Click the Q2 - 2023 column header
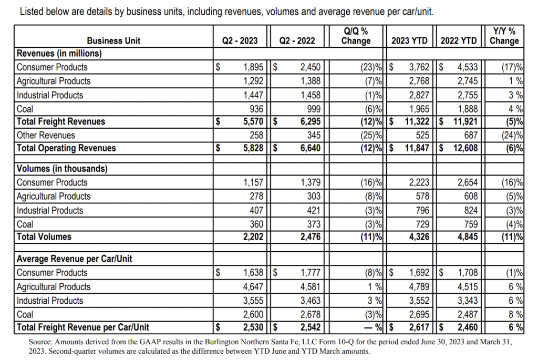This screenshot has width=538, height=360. click(240, 40)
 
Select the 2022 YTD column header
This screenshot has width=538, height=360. click(458, 40)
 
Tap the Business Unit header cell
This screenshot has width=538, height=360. click(113, 40)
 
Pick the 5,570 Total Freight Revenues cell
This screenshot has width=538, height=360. click(247, 121)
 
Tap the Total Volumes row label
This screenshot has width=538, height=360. click(44, 236)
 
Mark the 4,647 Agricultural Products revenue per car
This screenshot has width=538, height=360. click(251, 287)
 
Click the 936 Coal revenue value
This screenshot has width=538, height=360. click(255, 109)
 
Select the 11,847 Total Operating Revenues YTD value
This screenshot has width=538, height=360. click(413, 148)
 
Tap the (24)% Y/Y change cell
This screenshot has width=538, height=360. click(511, 135)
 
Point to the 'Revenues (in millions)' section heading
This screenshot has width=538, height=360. click(59, 53)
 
